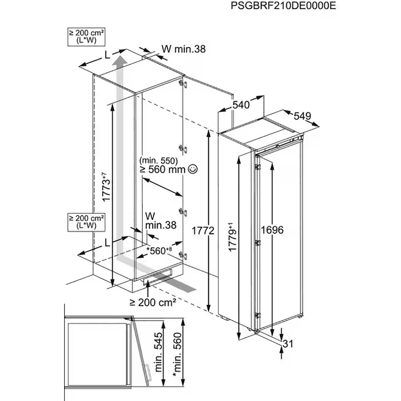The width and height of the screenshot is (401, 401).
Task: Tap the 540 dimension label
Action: [x=241, y=105]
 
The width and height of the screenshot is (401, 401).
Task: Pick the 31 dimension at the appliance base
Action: [x=288, y=344]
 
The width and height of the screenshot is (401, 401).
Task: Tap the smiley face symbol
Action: [x=193, y=169]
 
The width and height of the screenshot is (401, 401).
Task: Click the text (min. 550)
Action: [x=159, y=160]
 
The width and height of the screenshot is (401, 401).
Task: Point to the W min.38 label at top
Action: [x=183, y=49]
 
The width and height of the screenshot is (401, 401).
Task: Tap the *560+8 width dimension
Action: [x=159, y=251]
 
